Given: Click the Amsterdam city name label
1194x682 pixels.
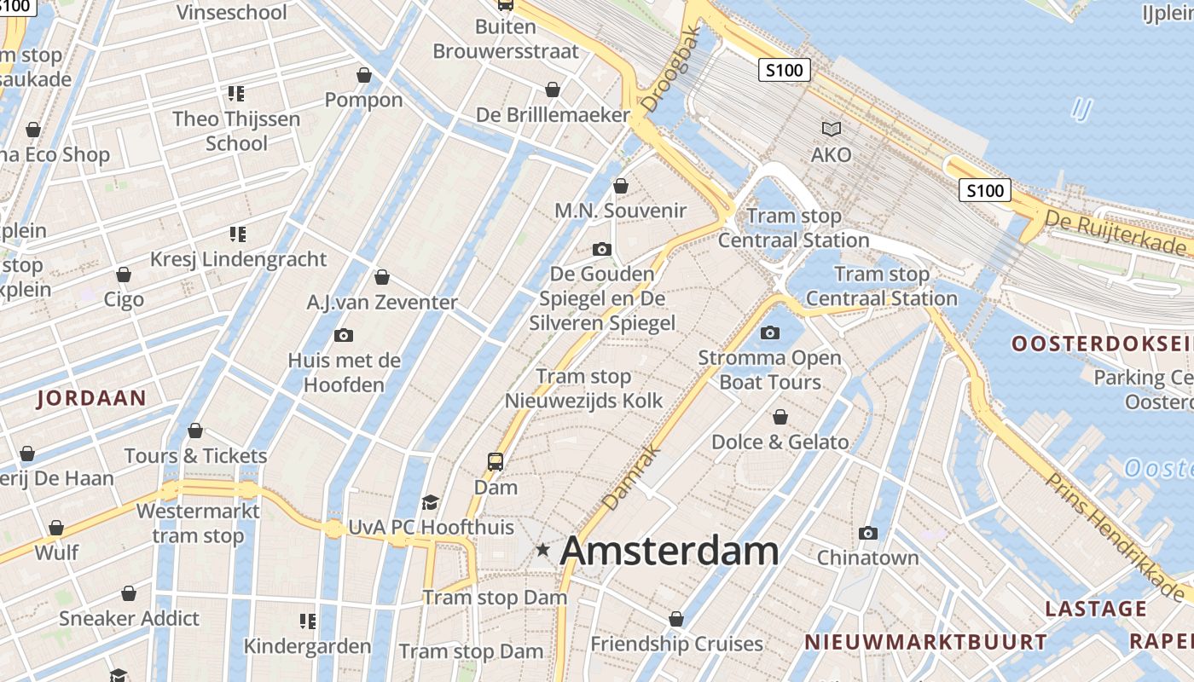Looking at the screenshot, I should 669,551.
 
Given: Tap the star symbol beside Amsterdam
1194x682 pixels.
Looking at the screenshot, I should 542,551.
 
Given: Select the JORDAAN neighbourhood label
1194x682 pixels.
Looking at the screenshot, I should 91,397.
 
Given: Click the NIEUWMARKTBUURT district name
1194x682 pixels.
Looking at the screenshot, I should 925,642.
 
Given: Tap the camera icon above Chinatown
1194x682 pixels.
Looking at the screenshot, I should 868,534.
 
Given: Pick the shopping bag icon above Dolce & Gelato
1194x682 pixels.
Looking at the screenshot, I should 780,417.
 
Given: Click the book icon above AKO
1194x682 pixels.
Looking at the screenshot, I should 831,130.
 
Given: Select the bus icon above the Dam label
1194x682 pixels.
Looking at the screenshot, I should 496,462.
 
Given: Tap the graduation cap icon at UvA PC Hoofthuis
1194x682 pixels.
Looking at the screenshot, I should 430,503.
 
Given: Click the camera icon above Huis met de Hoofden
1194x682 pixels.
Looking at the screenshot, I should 344,335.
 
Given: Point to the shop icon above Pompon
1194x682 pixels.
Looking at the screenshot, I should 364,75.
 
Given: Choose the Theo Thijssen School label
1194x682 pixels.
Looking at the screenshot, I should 236,130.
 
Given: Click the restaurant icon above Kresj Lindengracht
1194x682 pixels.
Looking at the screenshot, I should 236,234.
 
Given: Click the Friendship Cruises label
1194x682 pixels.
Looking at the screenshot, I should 676,644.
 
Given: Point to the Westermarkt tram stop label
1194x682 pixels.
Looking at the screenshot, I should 198,523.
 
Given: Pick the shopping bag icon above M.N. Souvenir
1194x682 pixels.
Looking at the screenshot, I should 621,186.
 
